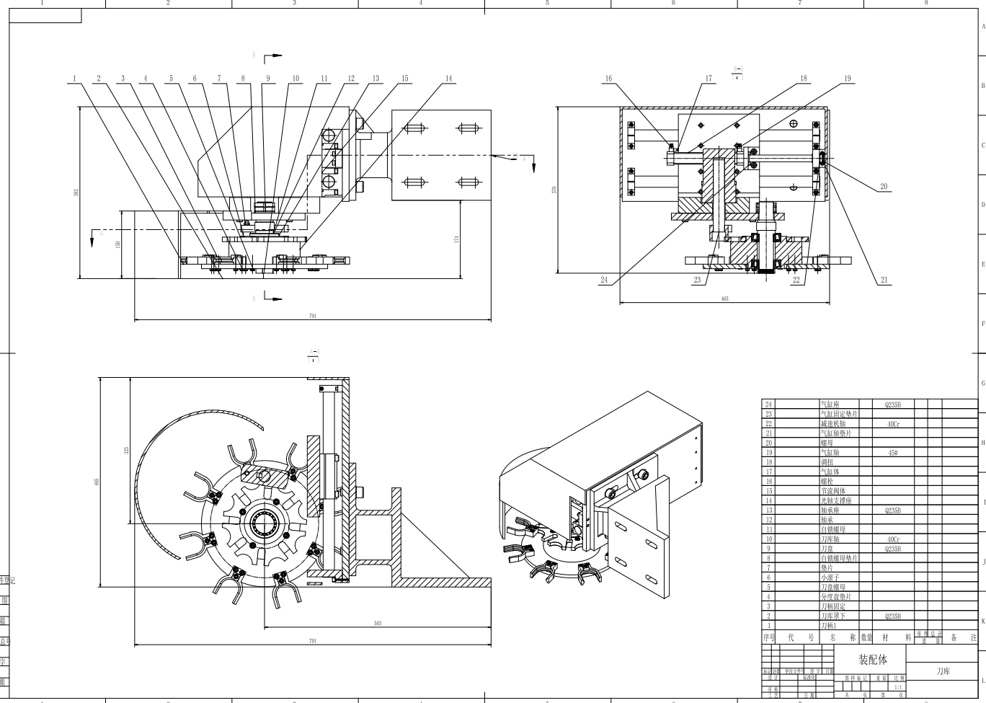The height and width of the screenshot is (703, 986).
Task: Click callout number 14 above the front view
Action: [x=449, y=79]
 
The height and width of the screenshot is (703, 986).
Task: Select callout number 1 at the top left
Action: [x=74, y=79]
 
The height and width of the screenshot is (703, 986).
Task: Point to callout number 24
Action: [x=604, y=280]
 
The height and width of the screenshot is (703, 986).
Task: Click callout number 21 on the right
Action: [x=884, y=280]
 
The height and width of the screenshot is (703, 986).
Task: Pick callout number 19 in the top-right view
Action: [x=848, y=79]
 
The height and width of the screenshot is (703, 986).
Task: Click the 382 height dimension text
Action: [x=76, y=193]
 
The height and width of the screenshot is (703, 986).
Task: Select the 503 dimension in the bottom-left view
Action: [x=378, y=624]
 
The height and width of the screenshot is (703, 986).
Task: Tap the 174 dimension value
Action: [x=458, y=239]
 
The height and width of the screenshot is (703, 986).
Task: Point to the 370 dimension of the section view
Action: [x=554, y=190]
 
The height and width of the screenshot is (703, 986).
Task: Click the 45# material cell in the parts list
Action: [x=892, y=453]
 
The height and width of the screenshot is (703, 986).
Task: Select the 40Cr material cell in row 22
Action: [x=892, y=424]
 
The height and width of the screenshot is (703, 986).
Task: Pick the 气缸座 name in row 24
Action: [x=830, y=404]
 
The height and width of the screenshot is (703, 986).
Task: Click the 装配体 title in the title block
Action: [x=872, y=660]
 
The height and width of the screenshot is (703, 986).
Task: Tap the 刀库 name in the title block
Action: [x=943, y=671]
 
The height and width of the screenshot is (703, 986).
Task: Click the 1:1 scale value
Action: [x=898, y=687]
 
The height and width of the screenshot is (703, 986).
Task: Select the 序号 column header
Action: [x=768, y=637]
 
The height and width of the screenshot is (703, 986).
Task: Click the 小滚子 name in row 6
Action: [x=830, y=578]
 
